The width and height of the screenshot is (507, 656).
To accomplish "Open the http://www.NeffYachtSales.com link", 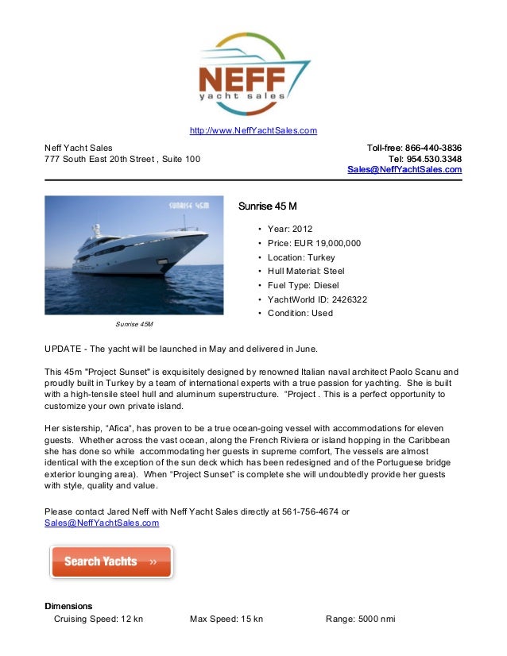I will click(x=253, y=131).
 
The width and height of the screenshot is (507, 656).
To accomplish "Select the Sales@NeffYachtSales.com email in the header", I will click(x=404, y=170).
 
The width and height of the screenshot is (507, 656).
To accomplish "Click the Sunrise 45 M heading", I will click(x=268, y=207).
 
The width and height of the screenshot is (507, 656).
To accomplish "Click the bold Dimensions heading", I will click(x=68, y=606).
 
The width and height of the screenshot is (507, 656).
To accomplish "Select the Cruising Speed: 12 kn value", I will click(x=98, y=619).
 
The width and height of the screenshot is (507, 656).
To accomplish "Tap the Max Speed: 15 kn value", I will click(x=226, y=619).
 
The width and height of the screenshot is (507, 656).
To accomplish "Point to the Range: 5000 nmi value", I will click(x=361, y=619).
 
